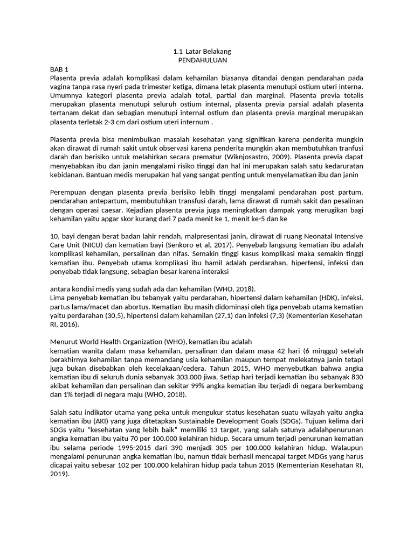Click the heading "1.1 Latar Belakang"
202,52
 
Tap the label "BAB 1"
59,70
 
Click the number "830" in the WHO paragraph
355,377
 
